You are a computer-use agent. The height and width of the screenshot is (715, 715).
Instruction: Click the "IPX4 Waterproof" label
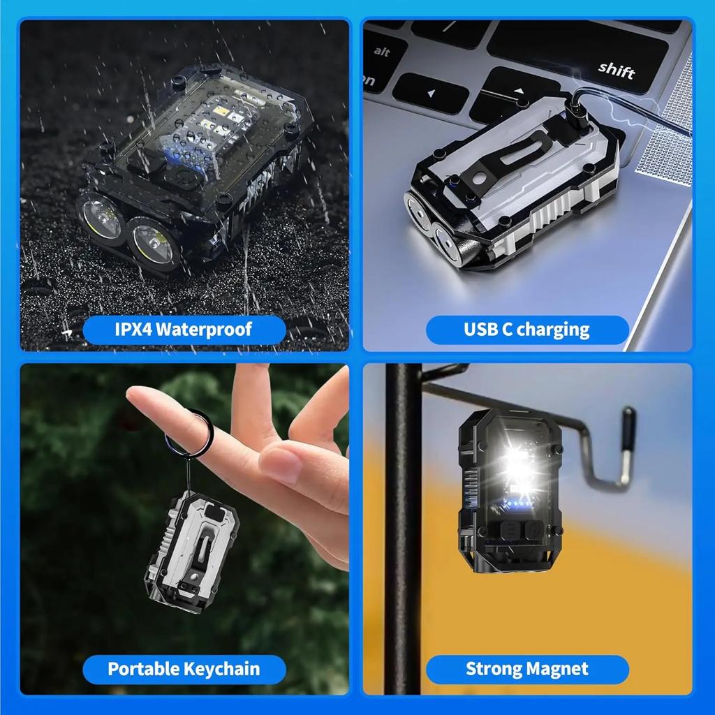coord(184,329)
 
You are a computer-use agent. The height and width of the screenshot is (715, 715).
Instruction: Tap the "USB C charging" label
coord(527,330)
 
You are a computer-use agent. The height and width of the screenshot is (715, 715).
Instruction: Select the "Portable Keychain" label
coord(184,669)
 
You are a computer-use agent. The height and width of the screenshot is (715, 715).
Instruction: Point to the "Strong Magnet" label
coord(527,669)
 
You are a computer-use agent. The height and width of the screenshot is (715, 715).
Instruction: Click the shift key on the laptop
coord(616,71)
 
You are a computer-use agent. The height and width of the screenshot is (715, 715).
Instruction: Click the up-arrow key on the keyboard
coord(518,90)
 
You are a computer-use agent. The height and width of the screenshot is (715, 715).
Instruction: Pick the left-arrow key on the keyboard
coord(429,92)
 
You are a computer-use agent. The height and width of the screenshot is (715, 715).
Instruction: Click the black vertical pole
coord(404,531)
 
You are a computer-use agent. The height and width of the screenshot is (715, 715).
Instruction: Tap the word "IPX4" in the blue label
coord(133,329)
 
